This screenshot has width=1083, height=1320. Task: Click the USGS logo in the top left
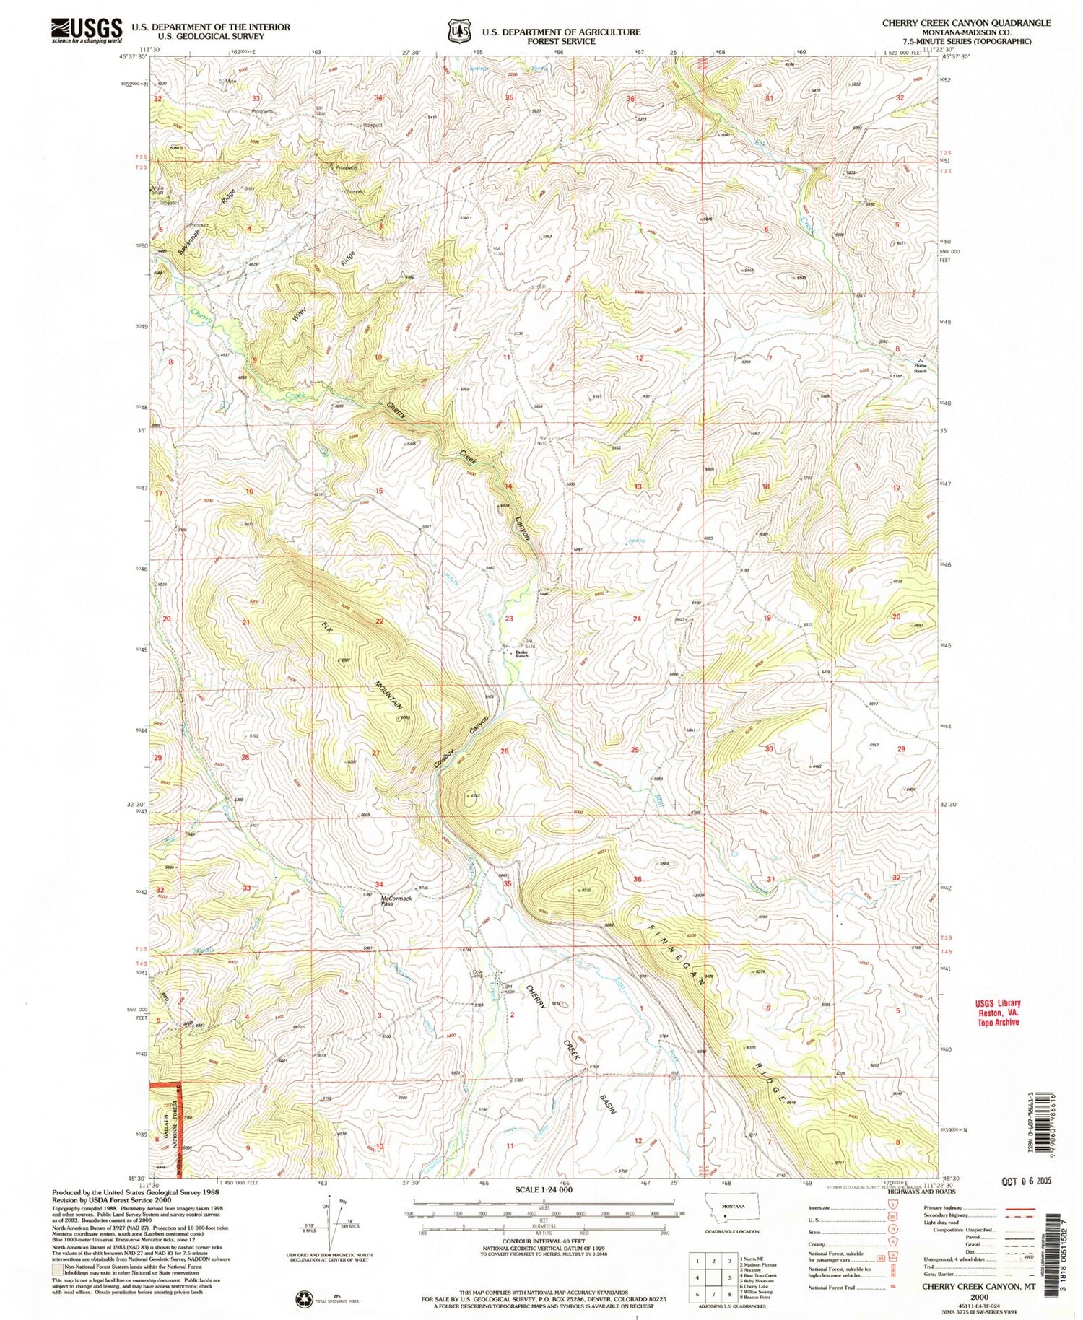[x=86, y=30]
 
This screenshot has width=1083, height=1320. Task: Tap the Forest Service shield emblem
[x=456, y=32]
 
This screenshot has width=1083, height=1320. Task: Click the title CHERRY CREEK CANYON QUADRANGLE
[x=965, y=23]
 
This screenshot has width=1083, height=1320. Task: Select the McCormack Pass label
[x=396, y=900]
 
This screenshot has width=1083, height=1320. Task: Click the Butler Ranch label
[x=522, y=654]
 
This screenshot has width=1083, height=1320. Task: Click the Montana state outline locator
[x=734, y=1211]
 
